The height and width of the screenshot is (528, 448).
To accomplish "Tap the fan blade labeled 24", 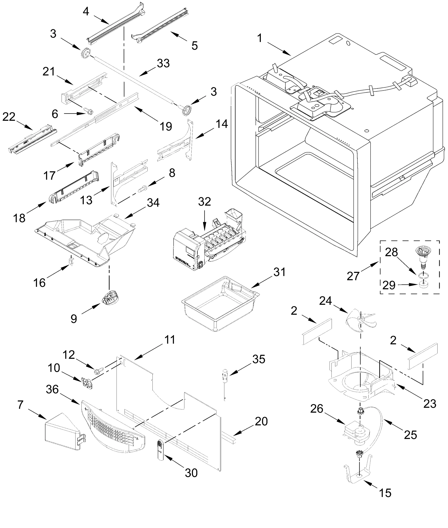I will (361, 322).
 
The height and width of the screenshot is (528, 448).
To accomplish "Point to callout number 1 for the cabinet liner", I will (259, 38).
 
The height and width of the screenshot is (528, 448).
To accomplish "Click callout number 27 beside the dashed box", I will (353, 276).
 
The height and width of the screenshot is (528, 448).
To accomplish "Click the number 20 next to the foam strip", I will (261, 422).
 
